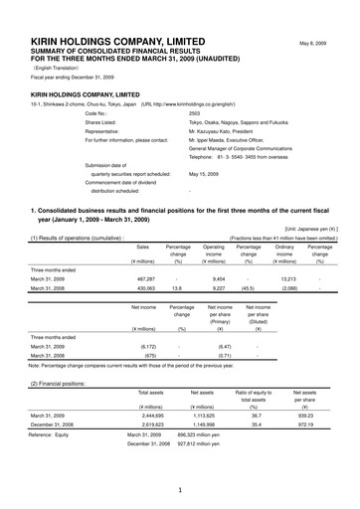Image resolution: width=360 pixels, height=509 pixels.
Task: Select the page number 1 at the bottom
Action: coord(179,491)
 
